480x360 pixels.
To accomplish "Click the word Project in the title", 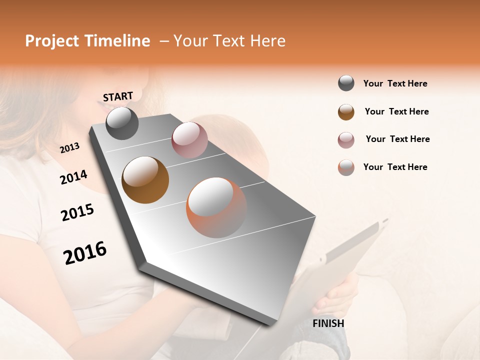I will coord(51,41).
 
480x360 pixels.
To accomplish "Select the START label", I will coord(118,96).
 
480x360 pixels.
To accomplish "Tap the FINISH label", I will coord(328,323).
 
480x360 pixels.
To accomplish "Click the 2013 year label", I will coord(69,148).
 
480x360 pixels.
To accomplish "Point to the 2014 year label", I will coord(74,177).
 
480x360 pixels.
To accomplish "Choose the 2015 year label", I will coord(77,212).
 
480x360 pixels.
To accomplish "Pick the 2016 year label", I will coord(85,252).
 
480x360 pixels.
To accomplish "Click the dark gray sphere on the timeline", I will coord(122,123).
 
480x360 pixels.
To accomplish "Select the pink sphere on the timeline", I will coord(189,140).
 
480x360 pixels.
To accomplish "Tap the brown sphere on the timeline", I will coord(145,179).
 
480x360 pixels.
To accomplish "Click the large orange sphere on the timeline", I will coord(216,207).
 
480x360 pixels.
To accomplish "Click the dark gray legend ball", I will coord(346,83).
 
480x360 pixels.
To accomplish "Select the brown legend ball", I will coord(346,112).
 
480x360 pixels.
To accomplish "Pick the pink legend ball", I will coord(346,140).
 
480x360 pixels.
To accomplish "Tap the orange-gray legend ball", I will coord(346,167).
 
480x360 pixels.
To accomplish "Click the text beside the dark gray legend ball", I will coord(395,83).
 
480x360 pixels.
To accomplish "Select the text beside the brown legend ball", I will coord(396,111).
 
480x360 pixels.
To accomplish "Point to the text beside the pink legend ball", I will coord(397,139).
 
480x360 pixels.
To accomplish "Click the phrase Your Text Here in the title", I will coord(229,41).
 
